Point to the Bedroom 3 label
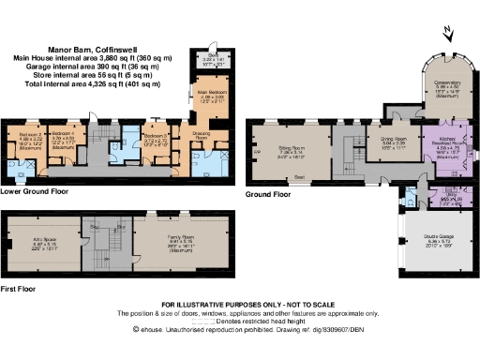[x=156, y=137]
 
